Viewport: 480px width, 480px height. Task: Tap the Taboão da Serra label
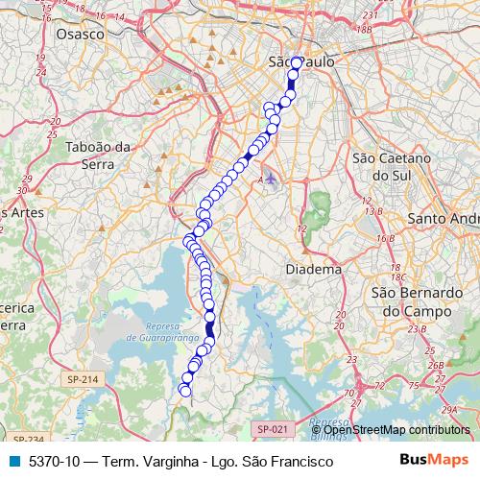98,156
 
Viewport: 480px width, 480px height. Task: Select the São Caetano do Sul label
391,167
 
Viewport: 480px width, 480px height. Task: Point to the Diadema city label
314,270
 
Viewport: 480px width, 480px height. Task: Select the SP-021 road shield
273,428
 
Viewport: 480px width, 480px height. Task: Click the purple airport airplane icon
271,178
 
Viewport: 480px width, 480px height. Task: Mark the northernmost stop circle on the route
297,62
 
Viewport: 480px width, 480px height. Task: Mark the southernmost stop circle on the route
185,391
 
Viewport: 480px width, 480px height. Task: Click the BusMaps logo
435,461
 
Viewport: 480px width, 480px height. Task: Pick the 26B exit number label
436,365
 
